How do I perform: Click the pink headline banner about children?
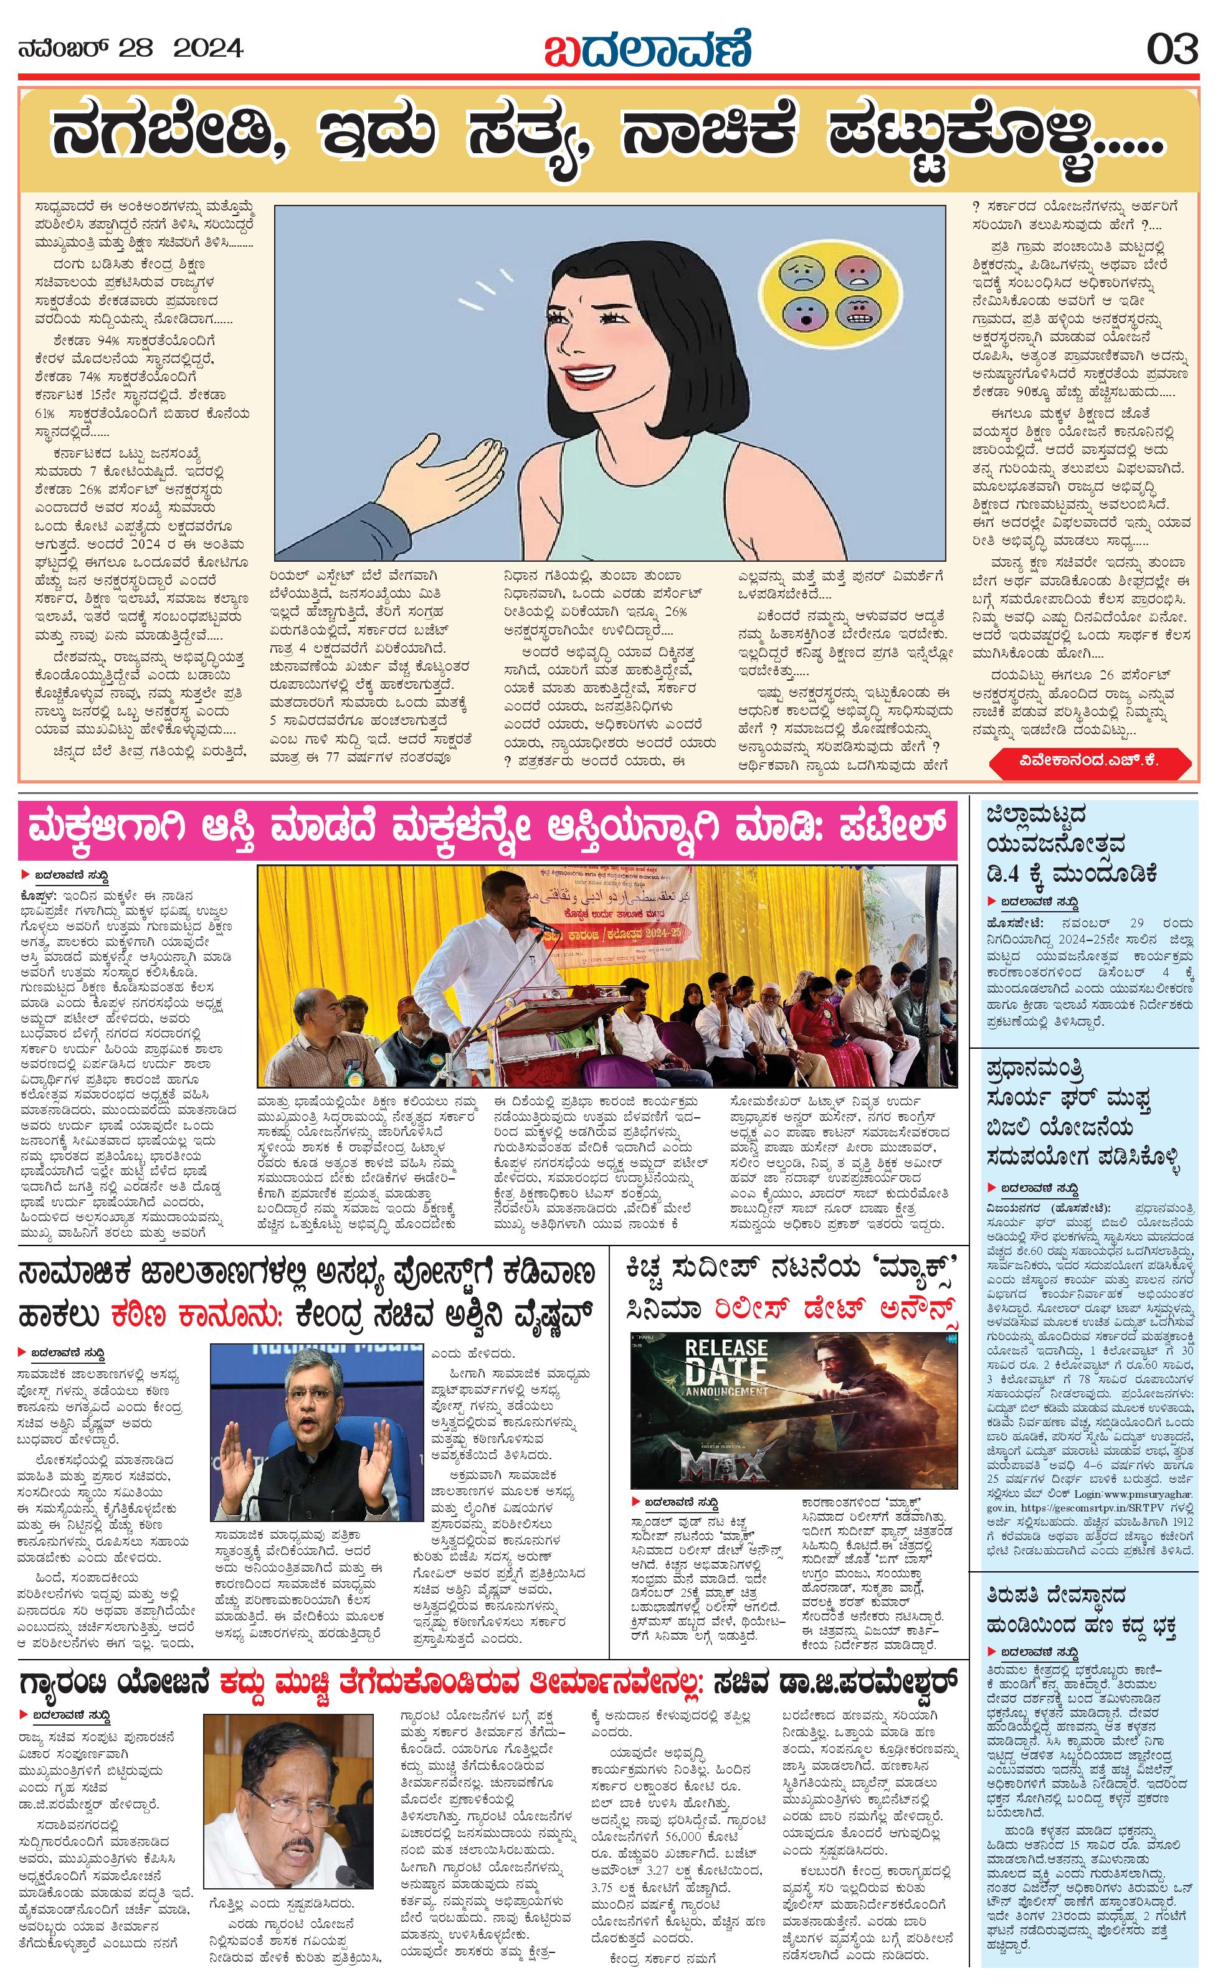(x=488, y=831)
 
